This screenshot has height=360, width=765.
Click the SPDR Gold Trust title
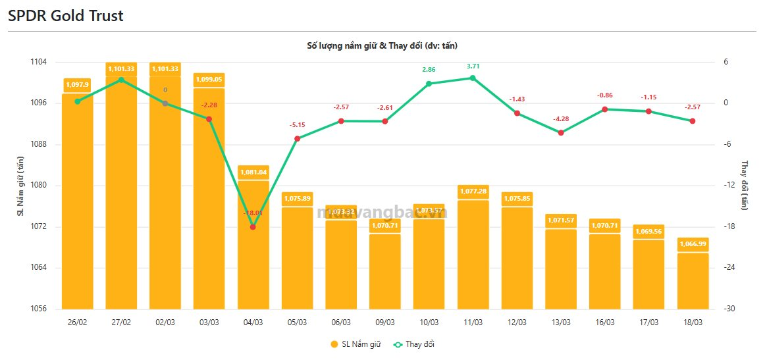tap(66, 16)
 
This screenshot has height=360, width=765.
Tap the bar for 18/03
tap(693, 280)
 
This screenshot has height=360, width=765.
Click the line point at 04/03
tap(253, 227)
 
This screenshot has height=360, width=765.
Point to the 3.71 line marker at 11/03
tap(473, 78)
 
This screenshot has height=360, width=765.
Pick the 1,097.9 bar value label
tap(78, 84)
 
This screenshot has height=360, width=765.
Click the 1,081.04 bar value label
tap(253, 172)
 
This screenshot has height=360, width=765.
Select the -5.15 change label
tap(297, 125)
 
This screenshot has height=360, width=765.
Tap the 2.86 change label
tap(429, 69)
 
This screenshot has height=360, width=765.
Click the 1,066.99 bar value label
tap(693, 244)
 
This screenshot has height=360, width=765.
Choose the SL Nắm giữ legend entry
tap(355, 344)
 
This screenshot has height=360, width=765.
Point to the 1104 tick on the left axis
tap(38, 62)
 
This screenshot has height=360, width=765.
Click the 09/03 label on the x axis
tap(385, 322)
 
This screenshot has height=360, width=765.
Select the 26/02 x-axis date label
tap(78, 322)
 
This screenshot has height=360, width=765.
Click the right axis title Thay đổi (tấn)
tap(745, 185)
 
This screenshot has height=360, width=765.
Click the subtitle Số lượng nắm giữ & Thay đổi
tap(382, 45)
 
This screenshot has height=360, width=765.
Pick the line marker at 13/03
tap(561, 132)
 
